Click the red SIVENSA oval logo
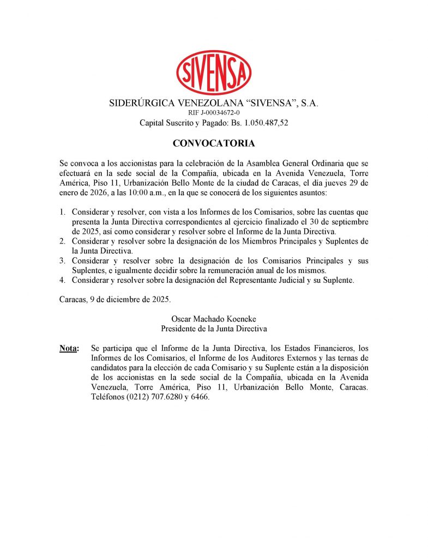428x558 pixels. pos(214,72)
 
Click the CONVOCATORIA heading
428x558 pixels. pos(214,144)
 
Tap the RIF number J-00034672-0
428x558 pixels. pos(214,113)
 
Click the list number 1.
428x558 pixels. pos(63,213)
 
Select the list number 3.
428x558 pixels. pos(63,260)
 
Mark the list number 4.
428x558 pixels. pos(63,280)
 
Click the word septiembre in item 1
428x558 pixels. pos(349,222)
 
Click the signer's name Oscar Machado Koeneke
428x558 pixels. pos(214,319)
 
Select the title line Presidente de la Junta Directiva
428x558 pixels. pos(214,329)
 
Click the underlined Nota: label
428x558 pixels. pos(69,348)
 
